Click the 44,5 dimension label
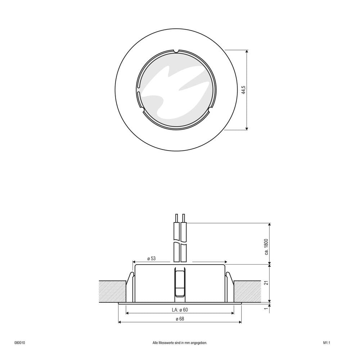(243, 90)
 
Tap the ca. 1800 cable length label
(266, 247)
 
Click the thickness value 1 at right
(266, 309)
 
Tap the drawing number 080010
(19, 343)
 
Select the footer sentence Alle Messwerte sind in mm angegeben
(180, 343)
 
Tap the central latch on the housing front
(180, 283)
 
